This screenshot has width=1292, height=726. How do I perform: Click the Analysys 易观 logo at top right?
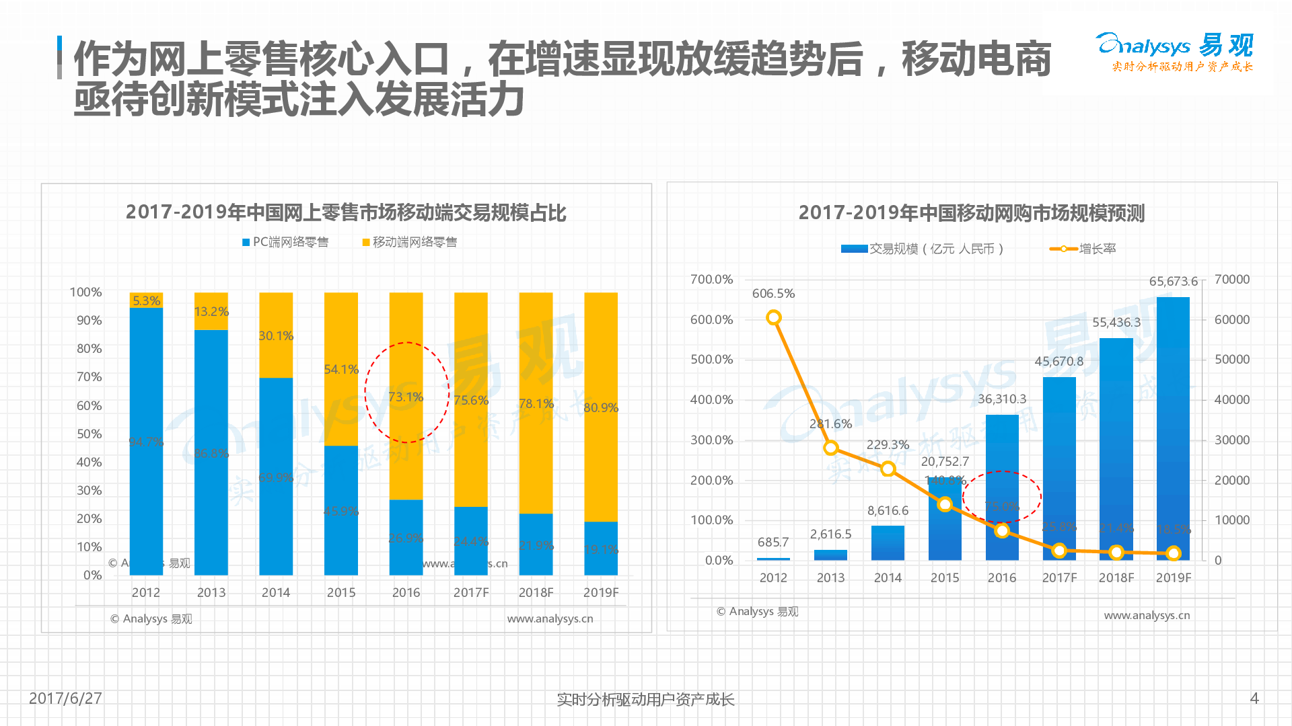1174,51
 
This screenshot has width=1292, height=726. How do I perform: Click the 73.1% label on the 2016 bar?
406,397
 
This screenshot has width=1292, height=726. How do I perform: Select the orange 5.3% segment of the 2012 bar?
146,300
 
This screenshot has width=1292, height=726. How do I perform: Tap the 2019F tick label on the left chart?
600,592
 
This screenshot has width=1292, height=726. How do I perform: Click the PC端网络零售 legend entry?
285,242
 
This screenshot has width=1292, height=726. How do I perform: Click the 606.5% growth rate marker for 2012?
774,317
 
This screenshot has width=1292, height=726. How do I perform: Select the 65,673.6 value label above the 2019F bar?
1173,282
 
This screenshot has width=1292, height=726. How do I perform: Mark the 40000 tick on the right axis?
1231,399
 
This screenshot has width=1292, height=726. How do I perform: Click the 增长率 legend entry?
1083,249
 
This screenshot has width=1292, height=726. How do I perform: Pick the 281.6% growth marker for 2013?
830,448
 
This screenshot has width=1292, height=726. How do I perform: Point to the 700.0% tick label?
711,279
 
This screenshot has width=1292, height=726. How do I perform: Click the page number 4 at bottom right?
1254,698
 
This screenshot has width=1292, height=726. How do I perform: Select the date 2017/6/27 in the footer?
65,698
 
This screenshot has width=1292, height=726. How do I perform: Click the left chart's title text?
346,212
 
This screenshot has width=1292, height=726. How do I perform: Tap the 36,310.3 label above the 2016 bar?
1002,399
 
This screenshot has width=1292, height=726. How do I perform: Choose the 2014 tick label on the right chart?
888,577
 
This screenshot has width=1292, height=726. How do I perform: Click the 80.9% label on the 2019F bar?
600,407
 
